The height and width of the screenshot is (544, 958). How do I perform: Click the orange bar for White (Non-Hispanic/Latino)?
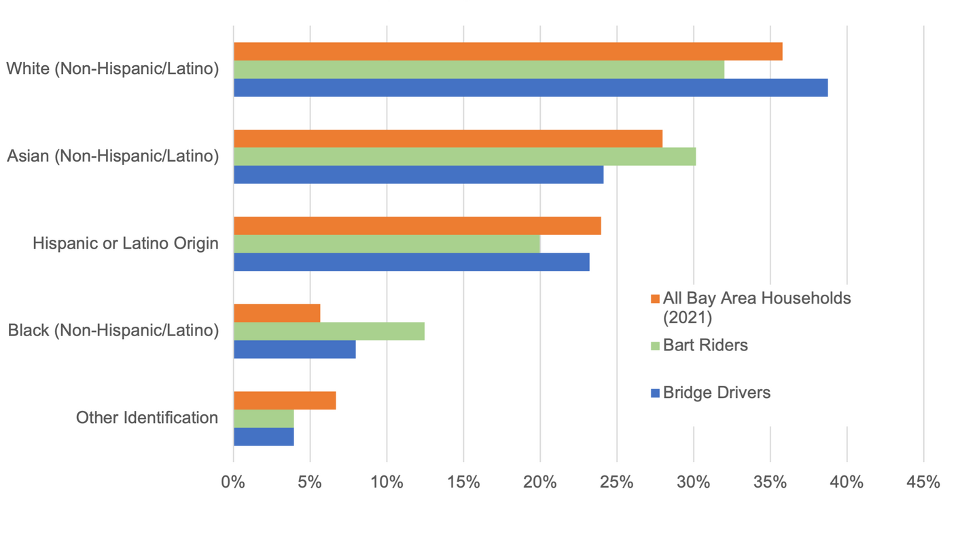click(508, 52)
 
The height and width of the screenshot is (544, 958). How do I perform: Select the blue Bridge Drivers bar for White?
click(530, 88)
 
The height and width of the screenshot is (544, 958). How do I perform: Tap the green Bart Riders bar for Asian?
click(464, 157)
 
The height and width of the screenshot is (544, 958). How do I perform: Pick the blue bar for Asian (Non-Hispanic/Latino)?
click(418, 175)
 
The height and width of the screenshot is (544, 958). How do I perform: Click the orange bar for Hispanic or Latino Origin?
click(417, 226)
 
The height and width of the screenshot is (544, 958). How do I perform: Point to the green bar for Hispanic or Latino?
click(387, 244)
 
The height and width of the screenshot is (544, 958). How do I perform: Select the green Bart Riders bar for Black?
click(329, 331)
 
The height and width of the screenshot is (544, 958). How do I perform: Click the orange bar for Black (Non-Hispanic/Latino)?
click(277, 313)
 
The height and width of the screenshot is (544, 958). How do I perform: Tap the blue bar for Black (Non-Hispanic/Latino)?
click(294, 349)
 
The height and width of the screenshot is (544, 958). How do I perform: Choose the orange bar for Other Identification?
click(285, 401)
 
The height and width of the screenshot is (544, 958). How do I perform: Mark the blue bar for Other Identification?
click(264, 437)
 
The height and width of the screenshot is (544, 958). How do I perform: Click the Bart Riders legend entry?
click(705, 346)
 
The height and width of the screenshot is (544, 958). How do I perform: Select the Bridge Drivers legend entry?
click(716, 393)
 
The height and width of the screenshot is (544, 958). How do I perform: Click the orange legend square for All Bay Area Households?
click(655, 299)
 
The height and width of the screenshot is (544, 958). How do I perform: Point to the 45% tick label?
click(923, 483)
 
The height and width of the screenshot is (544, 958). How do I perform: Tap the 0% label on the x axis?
click(234, 483)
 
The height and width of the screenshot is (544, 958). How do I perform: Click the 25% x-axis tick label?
click(617, 483)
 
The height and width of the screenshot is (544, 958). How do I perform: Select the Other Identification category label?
click(147, 418)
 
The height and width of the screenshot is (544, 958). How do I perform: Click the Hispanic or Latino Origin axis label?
click(126, 244)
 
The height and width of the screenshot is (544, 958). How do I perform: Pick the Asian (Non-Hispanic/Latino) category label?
click(113, 156)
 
